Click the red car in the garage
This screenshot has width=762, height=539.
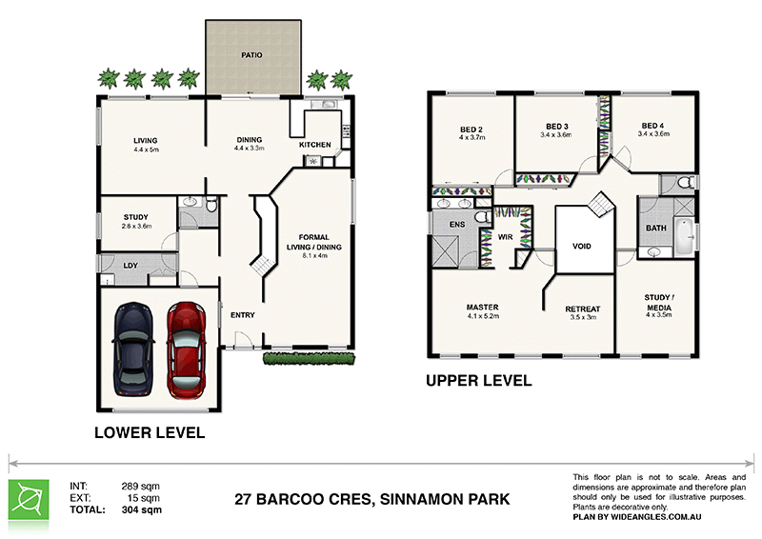point(186,349)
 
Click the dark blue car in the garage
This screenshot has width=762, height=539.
point(133,349)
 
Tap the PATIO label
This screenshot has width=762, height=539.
point(251,55)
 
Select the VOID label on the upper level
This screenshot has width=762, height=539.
point(582,246)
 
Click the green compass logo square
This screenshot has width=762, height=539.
point(29,500)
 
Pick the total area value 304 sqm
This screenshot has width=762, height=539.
point(141,509)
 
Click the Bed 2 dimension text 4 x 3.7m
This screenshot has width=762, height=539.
point(471,137)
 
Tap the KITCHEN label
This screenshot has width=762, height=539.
point(315,145)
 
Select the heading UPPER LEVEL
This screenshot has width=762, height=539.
point(479,381)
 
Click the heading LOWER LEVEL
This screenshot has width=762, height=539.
point(150,432)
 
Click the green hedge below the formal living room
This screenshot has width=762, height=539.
point(309,359)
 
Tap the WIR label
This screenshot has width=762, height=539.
point(506,237)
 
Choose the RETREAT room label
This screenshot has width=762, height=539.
point(583,309)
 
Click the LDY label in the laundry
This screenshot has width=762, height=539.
point(130,266)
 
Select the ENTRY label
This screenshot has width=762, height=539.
point(243,315)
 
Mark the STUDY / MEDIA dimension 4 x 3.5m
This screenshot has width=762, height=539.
point(659,315)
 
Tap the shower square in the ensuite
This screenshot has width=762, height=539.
point(446,250)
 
